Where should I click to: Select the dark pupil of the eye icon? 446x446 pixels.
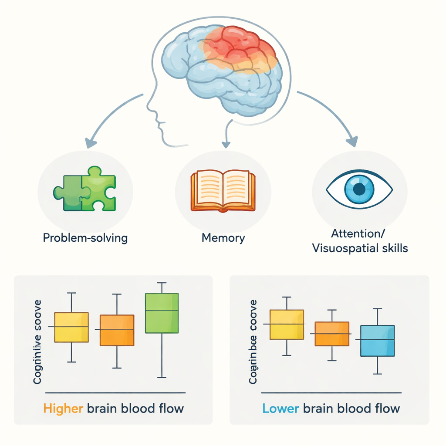point(359,189)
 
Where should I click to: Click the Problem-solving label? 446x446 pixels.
point(85,238)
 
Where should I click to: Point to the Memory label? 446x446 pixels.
point(223,238)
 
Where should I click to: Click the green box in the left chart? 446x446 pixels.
point(162,313)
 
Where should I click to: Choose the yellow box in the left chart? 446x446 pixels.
point(71,327)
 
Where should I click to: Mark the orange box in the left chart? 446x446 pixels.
point(117,330)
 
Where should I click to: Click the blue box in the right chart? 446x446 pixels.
point(377,341)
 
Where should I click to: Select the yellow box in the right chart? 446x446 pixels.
point(287,324)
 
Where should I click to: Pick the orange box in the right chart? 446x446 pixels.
point(332,334)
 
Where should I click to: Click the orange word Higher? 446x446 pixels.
point(63,409)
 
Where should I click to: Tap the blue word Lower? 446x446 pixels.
point(281,409)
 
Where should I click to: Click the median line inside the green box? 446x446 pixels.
point(162,310)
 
